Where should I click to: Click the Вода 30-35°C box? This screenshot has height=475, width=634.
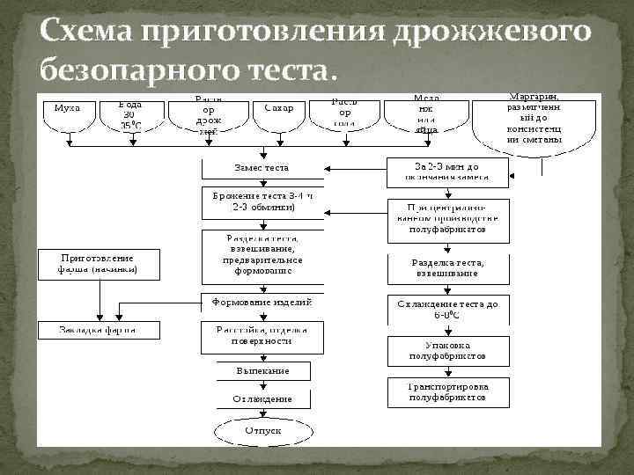(x=130, y=114)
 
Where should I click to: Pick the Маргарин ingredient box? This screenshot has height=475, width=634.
(x=536, y=122)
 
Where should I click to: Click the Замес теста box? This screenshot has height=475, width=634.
(x=262, y=167)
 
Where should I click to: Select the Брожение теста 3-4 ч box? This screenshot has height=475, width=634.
(x=262, y=201)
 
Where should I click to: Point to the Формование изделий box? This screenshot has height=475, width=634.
(x=262, y=302)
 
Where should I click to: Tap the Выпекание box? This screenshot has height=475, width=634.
(x=262, y=371)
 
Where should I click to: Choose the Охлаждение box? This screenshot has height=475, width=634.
(x=262, y=398)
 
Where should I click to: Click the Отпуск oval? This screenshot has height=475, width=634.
(x=262, y=431)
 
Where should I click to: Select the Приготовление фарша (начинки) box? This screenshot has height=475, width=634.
(x=98, y=264)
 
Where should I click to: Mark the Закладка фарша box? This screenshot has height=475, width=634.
(x=98, y=331)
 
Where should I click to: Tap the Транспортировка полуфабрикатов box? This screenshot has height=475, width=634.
(x=448, y=391)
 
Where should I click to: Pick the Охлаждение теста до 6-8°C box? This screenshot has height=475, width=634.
(x=448, y=309)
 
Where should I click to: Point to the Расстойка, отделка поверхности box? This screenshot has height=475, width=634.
(x=262, y=335)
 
